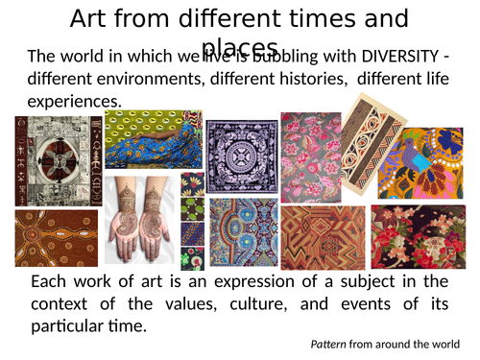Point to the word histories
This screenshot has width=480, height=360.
point(277,78)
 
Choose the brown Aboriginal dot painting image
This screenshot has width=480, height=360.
point(55,239)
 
